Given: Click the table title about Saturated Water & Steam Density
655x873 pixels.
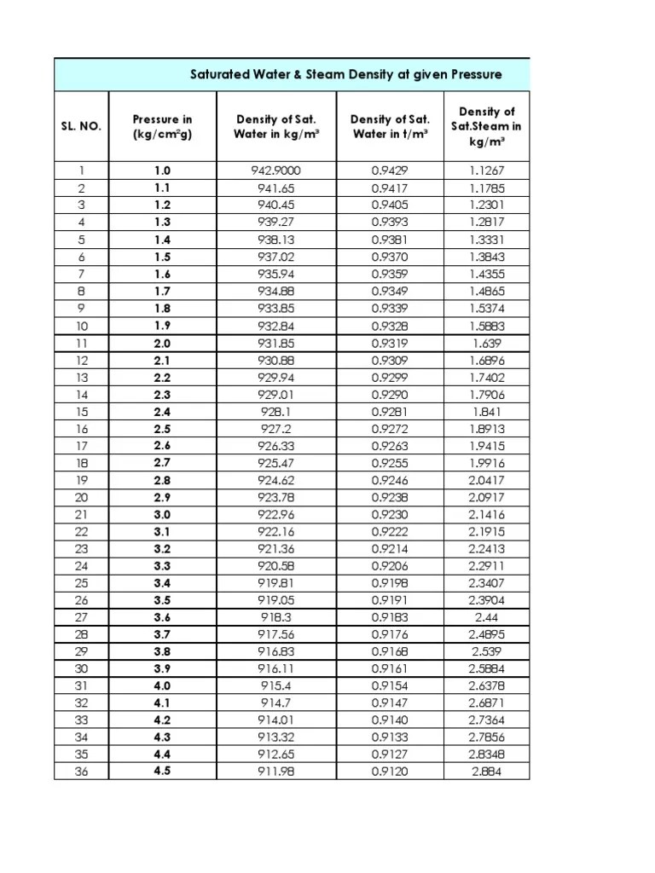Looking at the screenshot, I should tap(345, 75).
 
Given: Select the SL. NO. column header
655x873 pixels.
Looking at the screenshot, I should tap(81, 126).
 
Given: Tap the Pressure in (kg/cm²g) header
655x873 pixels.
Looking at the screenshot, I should tap(162, 126).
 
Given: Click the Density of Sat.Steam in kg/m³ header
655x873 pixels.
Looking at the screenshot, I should tap(487, 126).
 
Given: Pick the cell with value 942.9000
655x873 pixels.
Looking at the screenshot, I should tap(275, 171).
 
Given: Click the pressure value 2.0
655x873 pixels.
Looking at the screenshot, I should tap(162, 343).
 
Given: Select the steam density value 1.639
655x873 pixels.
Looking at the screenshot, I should tap(487, 343).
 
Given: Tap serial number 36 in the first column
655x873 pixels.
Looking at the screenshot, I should tap(81, 772).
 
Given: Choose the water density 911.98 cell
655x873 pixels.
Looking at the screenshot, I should tap(275, 772).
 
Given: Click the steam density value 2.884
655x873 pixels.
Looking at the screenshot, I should tap(487, 772).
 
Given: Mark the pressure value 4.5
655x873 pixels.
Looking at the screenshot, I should tap(162, 772).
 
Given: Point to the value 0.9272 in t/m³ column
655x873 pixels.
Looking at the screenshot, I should tap(390, 429).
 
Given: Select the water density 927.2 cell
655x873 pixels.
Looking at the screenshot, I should tap(275, 429).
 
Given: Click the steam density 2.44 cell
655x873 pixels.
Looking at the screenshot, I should tap(487, 617).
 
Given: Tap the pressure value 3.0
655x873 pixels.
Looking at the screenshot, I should tap(162, 514).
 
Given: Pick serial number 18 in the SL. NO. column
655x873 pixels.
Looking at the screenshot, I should tap(81, 463).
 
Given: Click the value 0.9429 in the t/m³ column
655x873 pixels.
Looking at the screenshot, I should tap(390, 171).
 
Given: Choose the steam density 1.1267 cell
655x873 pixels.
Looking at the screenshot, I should tap(487, 171).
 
